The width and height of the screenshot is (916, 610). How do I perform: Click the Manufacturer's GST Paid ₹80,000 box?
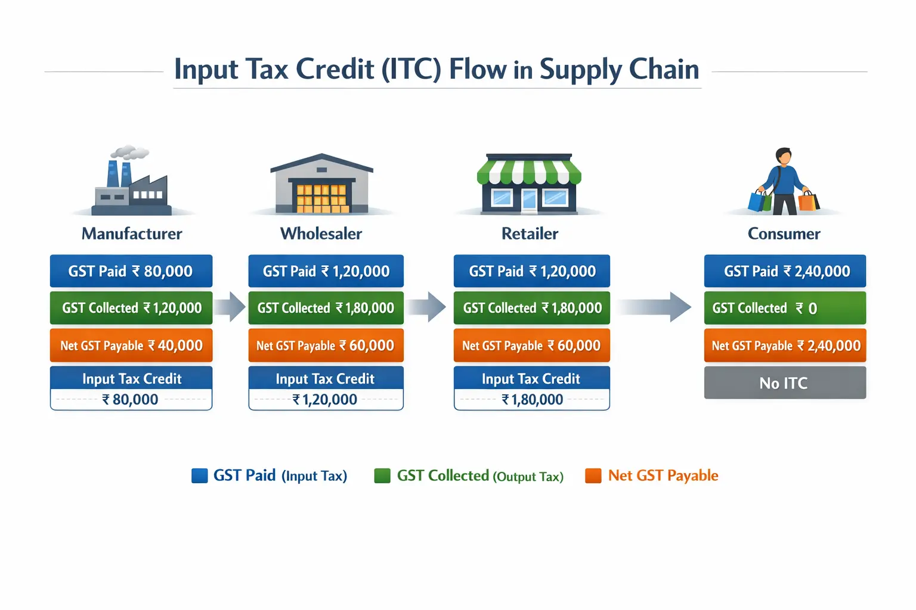pyautogui.click(x=131, y=272)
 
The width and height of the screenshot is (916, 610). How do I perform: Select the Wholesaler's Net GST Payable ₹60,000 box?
pyautogui.click(x=326, y=346)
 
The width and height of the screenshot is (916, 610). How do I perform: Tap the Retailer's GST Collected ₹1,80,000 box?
pyautogui.click(x=531, y=308)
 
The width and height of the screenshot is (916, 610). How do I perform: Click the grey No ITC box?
pyautogui.click(x=784, y=383)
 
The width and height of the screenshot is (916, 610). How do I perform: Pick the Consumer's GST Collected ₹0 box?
pyautogui.click(x=784, y=308)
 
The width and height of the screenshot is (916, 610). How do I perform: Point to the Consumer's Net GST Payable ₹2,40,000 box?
pyautogui.click(x=784, y=346)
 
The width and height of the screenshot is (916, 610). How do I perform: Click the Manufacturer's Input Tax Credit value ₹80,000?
pyautogui.click(x=131, y=400)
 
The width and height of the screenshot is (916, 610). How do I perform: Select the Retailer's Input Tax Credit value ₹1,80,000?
pyautogui.click(x=532, y=400)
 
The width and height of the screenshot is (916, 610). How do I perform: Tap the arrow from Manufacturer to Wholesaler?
pyautogui.click(x=230, y=307)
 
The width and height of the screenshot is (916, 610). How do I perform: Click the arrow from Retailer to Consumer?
pyautogui.click(x=656, y=307)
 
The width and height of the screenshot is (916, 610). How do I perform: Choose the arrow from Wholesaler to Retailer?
pyautogui.click(x=428, y=307)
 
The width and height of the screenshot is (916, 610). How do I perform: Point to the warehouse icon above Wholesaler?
pyautogui.click(x=321, y=185)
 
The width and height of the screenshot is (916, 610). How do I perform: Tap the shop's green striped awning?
pyautogui.click(x=529, y=171)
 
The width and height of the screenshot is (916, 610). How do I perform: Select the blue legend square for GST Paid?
pyautogui.click(x=199, y=475)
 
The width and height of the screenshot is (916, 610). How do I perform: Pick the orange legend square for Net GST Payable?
pyautogui.click(x=593, y=475)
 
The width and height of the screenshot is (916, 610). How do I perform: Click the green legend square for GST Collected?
pyautogui.click(x=382, y=475)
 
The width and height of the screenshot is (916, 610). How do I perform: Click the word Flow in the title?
pyautogui.click(x=477, y=69)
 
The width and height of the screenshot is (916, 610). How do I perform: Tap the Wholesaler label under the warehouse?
pyautogui.click(x=321, y=234)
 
